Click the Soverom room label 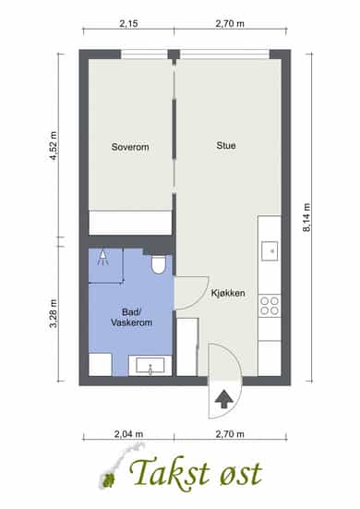130,147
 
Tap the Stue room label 226,145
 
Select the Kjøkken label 228,293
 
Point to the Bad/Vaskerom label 131,317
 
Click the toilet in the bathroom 159,264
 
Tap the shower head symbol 102,259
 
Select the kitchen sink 270,251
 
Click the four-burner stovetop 270,306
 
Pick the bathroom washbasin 150,366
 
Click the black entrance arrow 224,400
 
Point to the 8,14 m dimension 306,217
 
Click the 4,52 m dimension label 53,146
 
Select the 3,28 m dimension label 53,313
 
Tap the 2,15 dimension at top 128,24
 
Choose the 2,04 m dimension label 128,434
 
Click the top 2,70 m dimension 230,24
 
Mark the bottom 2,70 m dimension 230,434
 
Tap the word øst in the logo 240,475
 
